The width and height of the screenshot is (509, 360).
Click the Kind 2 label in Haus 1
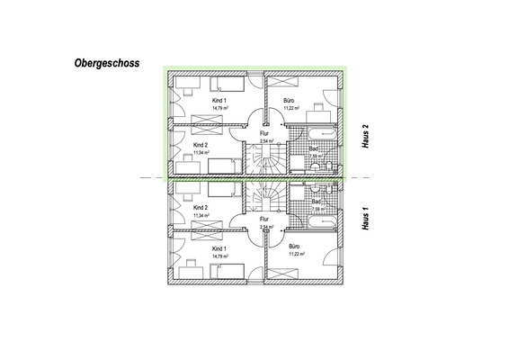201,208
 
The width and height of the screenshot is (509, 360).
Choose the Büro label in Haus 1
295,247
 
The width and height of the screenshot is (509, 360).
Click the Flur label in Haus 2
264,133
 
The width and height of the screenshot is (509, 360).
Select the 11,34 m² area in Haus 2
201,153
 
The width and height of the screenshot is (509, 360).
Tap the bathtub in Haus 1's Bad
319,220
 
